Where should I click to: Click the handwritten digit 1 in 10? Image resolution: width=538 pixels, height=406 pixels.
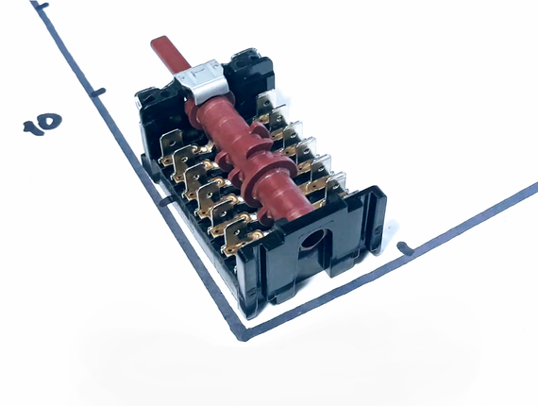[34, 128]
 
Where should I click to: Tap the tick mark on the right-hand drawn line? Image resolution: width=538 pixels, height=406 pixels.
[405, 248]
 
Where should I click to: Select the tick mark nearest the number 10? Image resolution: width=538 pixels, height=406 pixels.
[98, 92]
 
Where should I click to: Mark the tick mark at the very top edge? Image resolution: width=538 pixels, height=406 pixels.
[41, 6]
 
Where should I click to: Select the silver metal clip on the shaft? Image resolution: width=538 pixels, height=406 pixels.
[202, 82]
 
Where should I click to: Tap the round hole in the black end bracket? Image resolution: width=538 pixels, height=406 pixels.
[312, 239]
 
